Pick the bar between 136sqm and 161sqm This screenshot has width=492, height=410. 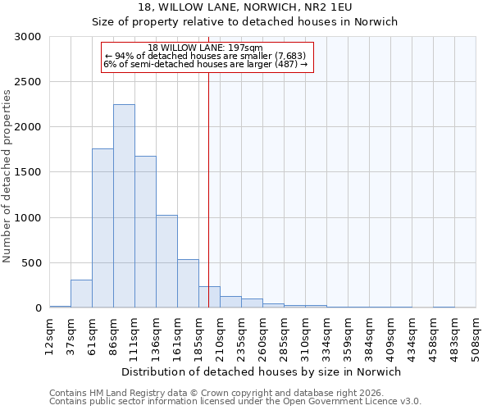coord(166,262)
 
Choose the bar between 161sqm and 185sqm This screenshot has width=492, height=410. coord(188,284)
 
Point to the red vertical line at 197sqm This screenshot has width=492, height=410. coord(208,180)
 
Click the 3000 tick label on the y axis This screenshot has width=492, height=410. coord(29,38)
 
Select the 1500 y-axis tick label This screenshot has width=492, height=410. coord(29,173)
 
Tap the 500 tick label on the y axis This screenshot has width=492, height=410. coord(32,263)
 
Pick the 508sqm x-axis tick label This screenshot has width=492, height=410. coord(476,336)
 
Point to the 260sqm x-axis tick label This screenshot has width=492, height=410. coord(263,336)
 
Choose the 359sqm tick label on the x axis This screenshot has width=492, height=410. coord(348,336)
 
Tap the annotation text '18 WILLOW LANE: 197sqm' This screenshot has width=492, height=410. coord(207,48)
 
